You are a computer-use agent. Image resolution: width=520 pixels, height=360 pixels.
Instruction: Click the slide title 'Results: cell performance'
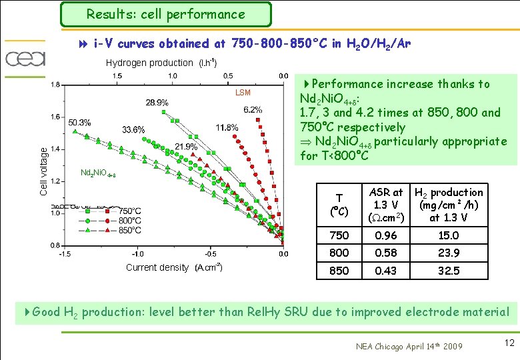pyautogui.click(x=166, y=14)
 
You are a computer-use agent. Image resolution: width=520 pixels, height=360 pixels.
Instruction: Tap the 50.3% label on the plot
pyautogui.click(x=79, y=123)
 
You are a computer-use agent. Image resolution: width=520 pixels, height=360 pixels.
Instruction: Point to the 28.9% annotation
pyautogui.click(x=157, y=103)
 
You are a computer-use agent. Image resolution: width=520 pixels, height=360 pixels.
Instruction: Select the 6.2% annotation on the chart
pyautogui.click(x=253, y=110)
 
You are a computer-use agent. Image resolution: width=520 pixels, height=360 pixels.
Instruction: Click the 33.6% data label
pyautogui.click(x=133, y=129)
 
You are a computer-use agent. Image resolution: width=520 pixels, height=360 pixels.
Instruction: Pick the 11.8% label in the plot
pyautogui.click(x=227, y=127)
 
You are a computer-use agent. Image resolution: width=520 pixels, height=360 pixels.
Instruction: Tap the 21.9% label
pyautogui.click(x=186, y=146)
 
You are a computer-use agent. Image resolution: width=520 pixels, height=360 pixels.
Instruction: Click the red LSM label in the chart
pyautogui.click(x=243, y=93)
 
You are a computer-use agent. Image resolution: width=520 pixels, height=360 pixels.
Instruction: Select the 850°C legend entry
pyautogui.click(x=129, y=231)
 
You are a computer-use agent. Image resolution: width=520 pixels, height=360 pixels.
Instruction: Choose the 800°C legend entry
pyautogui.click(x=129, y=221)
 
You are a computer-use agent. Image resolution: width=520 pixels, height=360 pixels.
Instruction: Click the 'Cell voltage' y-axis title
pyautogui.click(x=43, y=171)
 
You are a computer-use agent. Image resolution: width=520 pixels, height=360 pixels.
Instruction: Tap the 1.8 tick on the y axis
pyautogui.click(x=55, y=85)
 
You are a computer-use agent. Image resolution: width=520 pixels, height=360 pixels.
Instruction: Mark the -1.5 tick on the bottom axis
pyautogui.click(x=65, y=254)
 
